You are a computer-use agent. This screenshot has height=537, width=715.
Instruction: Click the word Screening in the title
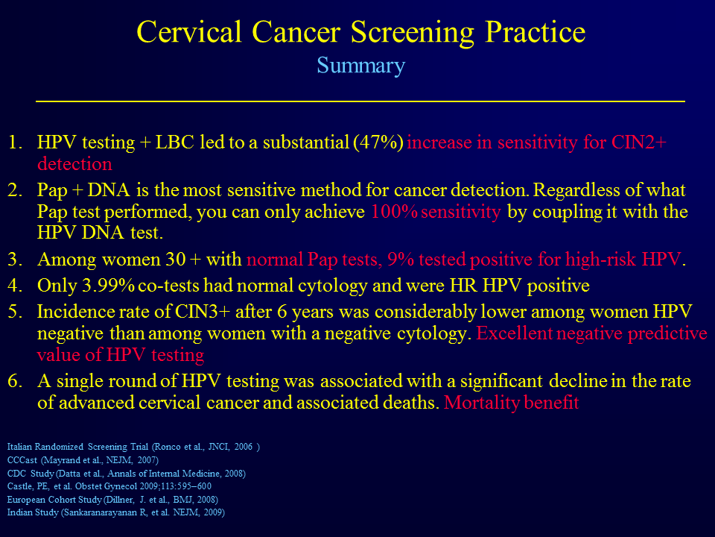[x=412, y=33]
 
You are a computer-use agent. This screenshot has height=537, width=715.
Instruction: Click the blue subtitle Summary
[x=360, y=66]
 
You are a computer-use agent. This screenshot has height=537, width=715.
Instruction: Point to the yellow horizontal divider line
[x=360, y=101]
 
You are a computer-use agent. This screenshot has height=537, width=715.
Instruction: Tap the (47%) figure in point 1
[x=378, y=142]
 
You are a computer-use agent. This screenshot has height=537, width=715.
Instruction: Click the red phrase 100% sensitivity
[x=436, y=212]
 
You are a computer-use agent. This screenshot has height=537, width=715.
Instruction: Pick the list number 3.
[x=15, y=260]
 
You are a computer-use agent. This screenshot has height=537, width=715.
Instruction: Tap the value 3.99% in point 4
[x=108, y=286]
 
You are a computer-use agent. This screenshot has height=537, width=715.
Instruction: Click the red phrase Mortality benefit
[x=511, y=403]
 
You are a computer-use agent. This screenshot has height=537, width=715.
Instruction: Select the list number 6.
[x=15, y=381]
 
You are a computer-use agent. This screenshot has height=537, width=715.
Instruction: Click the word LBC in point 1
[x=174, y=142]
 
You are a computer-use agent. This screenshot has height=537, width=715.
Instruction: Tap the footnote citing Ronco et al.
[x=133, y=447]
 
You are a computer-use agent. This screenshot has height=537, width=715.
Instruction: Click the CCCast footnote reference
[x=83, y=460]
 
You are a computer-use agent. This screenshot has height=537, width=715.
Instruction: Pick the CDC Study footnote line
[x=127, y=473]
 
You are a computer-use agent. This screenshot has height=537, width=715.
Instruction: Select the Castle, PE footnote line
[x=109, y=486]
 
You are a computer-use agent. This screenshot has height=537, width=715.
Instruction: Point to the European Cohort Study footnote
[x=112, y=499]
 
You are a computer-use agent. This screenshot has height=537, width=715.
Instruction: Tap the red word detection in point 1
[x=74, y=164]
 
